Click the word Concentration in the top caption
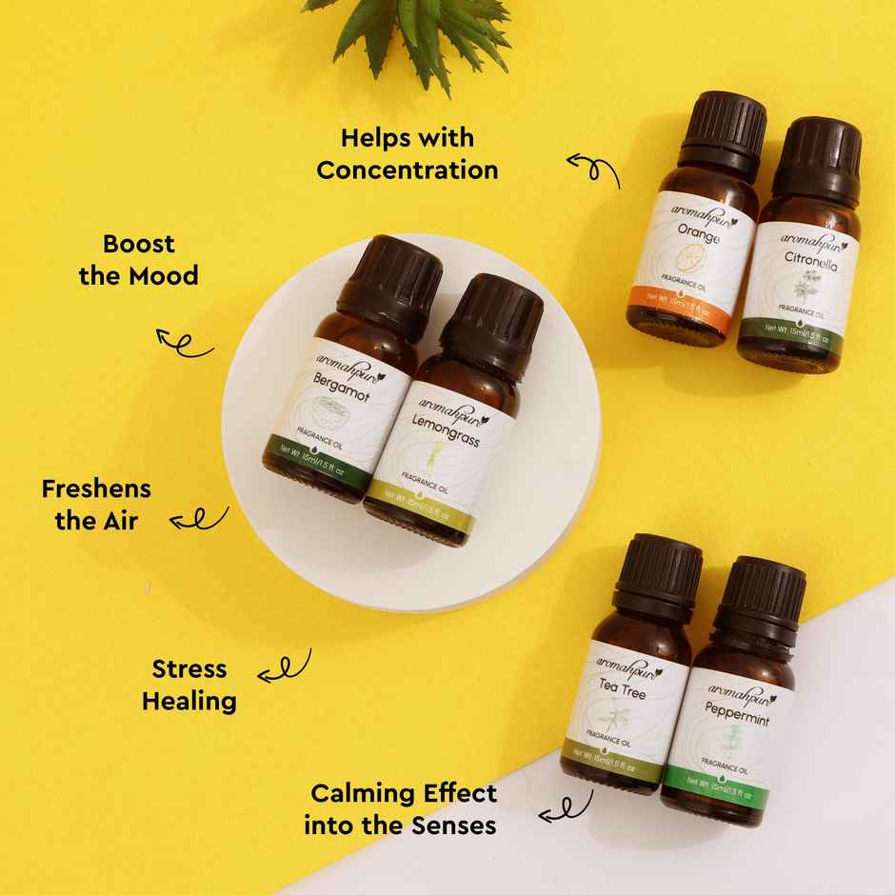[408, 170]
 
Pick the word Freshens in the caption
[96, 488]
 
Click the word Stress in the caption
[189, 668]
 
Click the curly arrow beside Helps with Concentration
[594, 169]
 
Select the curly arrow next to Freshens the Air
[199, 519]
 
